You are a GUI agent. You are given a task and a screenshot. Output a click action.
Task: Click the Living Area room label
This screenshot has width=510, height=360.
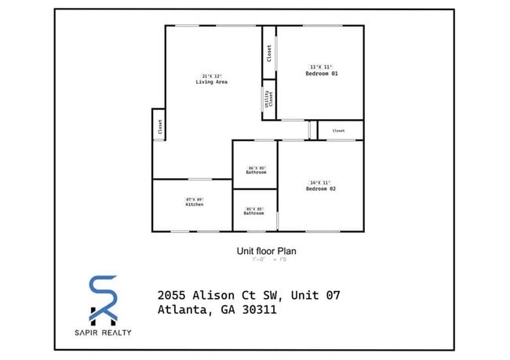click(x=211, y=82)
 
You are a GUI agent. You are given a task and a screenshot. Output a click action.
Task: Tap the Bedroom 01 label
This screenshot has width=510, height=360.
click(x=321, y=74)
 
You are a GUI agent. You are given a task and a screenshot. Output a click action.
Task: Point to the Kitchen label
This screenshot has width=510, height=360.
click(x=194, y=205)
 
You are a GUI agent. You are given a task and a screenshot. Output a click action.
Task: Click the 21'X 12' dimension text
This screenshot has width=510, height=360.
click(x=211, y=75)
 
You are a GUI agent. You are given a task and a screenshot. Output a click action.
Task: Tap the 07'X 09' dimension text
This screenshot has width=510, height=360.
click(x=194, y=199)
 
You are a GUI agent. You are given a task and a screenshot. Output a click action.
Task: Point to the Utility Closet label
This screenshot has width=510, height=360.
click(x=269, y=100)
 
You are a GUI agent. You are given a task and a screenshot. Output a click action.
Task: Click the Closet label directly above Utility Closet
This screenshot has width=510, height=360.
click(x=269, y=53)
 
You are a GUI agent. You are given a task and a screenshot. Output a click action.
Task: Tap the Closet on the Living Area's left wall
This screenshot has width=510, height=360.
click(x=159, y=127)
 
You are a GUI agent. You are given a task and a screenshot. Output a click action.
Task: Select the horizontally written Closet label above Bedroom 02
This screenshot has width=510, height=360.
click(x=339, y=131)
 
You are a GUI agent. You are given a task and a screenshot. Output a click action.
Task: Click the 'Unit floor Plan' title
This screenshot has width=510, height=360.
click(x=266, y=252)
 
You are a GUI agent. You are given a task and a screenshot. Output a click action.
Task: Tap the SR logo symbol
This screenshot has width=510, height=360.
click(x=104, y=300)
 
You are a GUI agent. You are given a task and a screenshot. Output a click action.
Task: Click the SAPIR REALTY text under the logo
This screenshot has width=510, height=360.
click(x=104, y=333)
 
